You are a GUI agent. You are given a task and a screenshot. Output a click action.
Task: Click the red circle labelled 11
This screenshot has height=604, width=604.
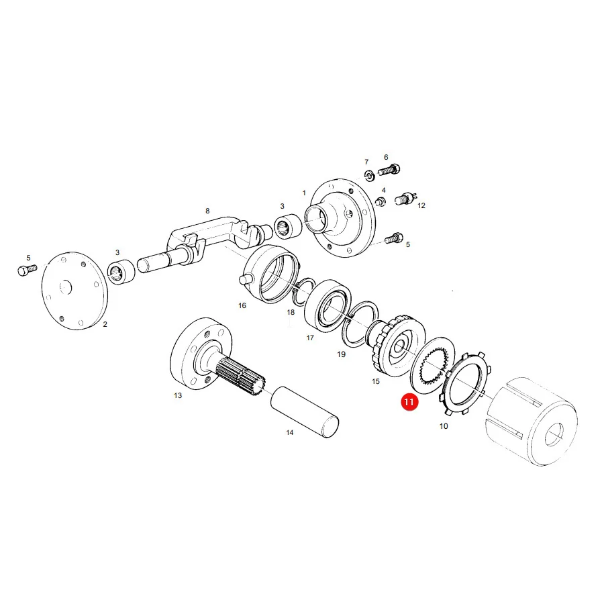409,402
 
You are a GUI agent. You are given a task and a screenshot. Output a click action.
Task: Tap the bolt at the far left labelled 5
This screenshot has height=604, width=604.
27,270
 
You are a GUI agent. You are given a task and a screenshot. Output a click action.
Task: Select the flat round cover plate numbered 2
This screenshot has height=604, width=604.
74,291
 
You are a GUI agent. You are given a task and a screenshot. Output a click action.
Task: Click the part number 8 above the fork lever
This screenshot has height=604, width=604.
207,211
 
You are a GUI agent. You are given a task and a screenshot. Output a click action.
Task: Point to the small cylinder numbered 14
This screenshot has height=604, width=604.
305,412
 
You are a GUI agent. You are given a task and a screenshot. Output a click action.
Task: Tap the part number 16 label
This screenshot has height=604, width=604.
242,305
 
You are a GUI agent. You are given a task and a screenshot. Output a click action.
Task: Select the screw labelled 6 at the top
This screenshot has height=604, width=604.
389,170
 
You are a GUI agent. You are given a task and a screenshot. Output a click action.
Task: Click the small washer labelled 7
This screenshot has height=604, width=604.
369,176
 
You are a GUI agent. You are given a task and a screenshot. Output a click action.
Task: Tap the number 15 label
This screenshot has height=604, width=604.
376,381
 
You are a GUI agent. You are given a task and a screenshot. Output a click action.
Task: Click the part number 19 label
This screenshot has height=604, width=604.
342,354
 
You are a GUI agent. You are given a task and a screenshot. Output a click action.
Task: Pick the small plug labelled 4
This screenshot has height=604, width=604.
381,201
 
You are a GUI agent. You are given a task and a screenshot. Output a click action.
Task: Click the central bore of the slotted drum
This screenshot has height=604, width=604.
554,434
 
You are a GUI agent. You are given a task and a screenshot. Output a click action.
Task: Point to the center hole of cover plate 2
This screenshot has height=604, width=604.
66,287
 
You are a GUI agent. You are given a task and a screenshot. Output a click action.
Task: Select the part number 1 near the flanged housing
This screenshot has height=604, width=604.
304,193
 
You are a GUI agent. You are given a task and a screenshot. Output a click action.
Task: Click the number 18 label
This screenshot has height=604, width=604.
291,312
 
